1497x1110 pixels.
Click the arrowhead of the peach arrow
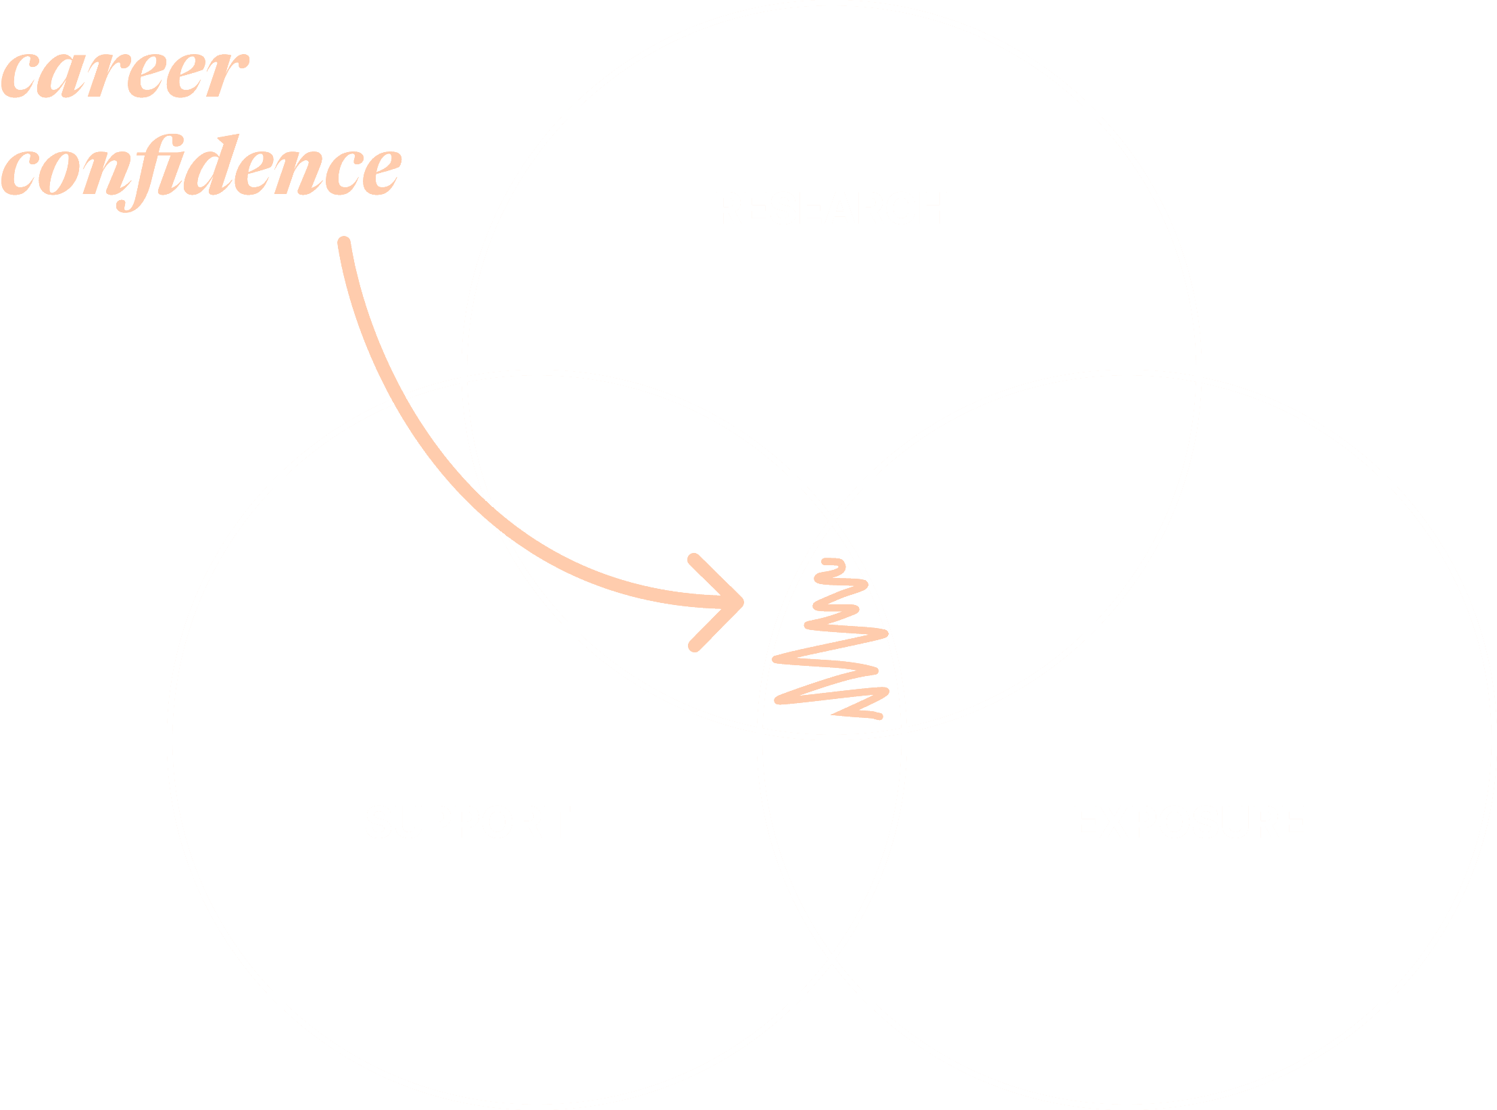click(733, 602)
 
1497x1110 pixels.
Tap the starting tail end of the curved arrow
click(344, 243)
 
